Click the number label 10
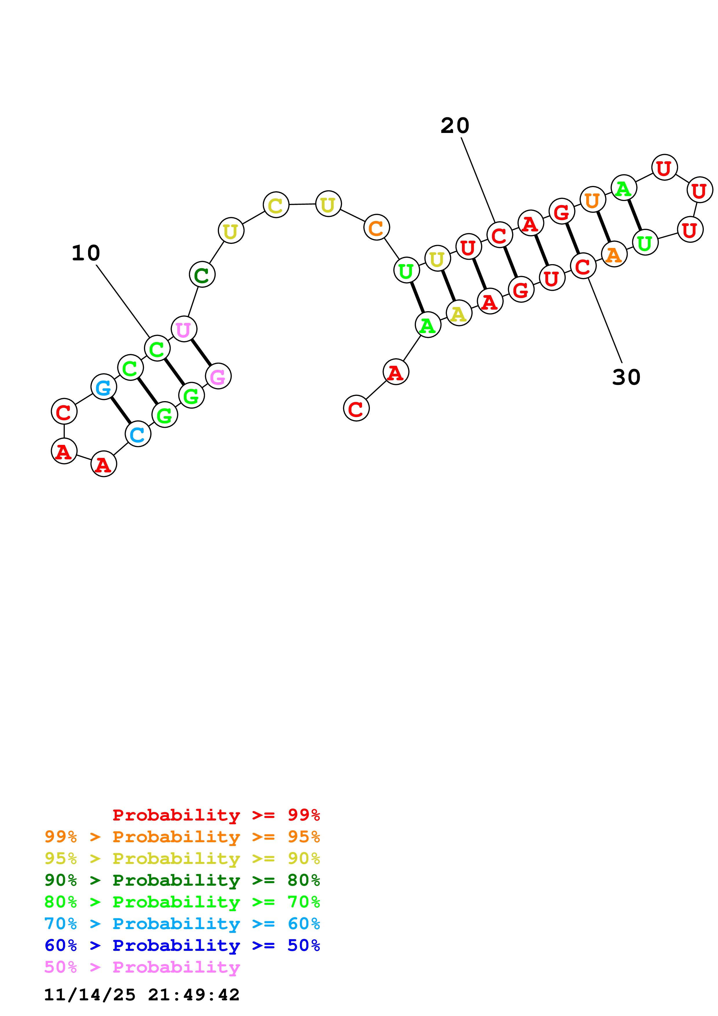[86, 253]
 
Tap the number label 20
[454, 126]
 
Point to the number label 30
[626, 377]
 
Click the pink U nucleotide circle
[184, 329]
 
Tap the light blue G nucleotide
[103, 387]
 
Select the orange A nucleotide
[614, 255]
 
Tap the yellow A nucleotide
[459, 313]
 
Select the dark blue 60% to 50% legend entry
[182, 945]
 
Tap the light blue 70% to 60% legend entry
[182, 924]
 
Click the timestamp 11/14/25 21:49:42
[142, 995]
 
